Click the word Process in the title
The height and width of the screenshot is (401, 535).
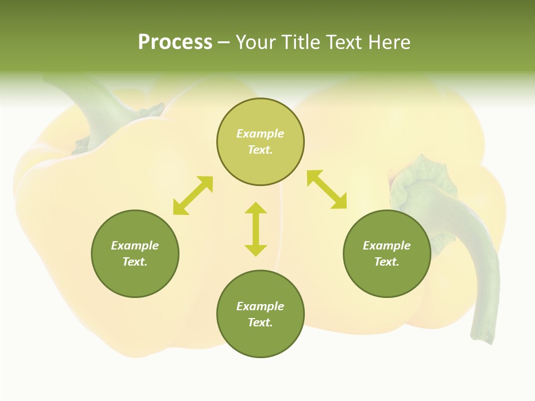click(175, 42)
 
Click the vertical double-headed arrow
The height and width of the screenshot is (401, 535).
click(256, 229)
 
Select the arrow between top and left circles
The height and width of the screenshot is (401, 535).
click(193, 195)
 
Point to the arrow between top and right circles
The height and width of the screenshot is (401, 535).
click(327, 189)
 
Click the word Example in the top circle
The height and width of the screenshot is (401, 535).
click(260, 134)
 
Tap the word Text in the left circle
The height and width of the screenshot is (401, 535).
click(135, 262)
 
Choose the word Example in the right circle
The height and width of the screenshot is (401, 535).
click(387, 246)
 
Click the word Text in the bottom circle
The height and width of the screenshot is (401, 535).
click(260, 322)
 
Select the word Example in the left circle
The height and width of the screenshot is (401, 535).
click(135, 246)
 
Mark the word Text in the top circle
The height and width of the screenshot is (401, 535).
click(260, 150)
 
